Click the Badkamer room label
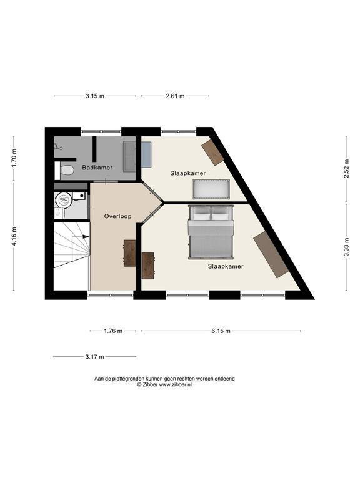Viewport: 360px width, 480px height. point(97,167)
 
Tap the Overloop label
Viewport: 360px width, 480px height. point(118,216)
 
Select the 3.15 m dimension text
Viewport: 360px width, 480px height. point(95,96)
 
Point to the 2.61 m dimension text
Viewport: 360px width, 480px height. point(175,96)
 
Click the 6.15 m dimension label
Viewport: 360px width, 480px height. point(221,331)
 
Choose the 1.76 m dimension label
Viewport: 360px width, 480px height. point(113,331)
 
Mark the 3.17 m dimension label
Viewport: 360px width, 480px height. point(94,357)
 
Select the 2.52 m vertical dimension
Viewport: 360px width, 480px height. point(346,168)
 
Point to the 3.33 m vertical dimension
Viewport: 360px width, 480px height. point(346,247)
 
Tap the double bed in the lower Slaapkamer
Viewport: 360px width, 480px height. point(211,232)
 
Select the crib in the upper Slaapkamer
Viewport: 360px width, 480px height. point(211,189)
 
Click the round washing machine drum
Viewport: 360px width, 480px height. point(64,201)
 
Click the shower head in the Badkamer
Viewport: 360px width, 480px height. point(59,147)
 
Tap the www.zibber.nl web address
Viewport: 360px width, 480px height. point(175,385)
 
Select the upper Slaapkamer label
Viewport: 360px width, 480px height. point(188,173)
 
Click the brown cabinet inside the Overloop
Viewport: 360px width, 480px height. point(129,253)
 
